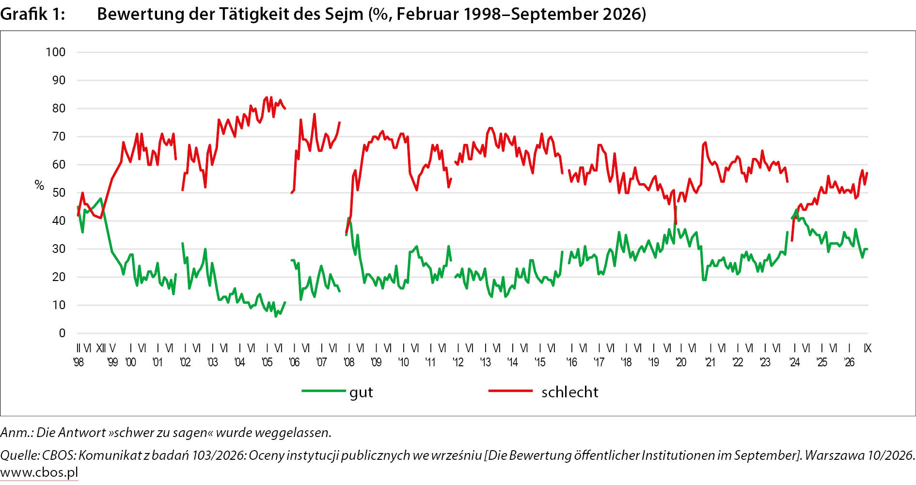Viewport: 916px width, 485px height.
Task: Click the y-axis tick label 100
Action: (x=56, y=52)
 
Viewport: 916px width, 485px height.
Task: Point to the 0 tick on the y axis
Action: (x=62, y=333)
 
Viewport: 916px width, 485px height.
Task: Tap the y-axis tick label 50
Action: (x=59, y=193)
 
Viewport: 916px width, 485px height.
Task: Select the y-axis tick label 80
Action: (x=59, y=109)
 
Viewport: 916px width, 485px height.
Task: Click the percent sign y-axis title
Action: (x=39, y=185)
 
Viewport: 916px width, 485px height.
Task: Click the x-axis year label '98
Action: (x=79, y=362)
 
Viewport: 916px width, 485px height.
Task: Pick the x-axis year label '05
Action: (x=267, y=362)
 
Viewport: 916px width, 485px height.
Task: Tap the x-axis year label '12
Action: (x=458, y=362)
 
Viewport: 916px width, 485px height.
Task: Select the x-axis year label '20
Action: (x=681, y=362)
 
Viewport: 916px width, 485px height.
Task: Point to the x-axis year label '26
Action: (x=849, y=362)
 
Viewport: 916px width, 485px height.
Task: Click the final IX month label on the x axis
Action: (x=868, y=348)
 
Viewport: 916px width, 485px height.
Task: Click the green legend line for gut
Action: (x=324, y=391)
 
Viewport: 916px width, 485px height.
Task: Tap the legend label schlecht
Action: (x=570, y=392)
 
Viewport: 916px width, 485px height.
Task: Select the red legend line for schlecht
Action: (x=510, y=391)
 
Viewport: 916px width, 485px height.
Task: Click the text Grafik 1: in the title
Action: (x=32, y=14)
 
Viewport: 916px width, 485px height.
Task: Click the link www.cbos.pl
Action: (x=39, y=472)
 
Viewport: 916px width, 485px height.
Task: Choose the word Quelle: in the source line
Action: (x=20, y=455)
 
